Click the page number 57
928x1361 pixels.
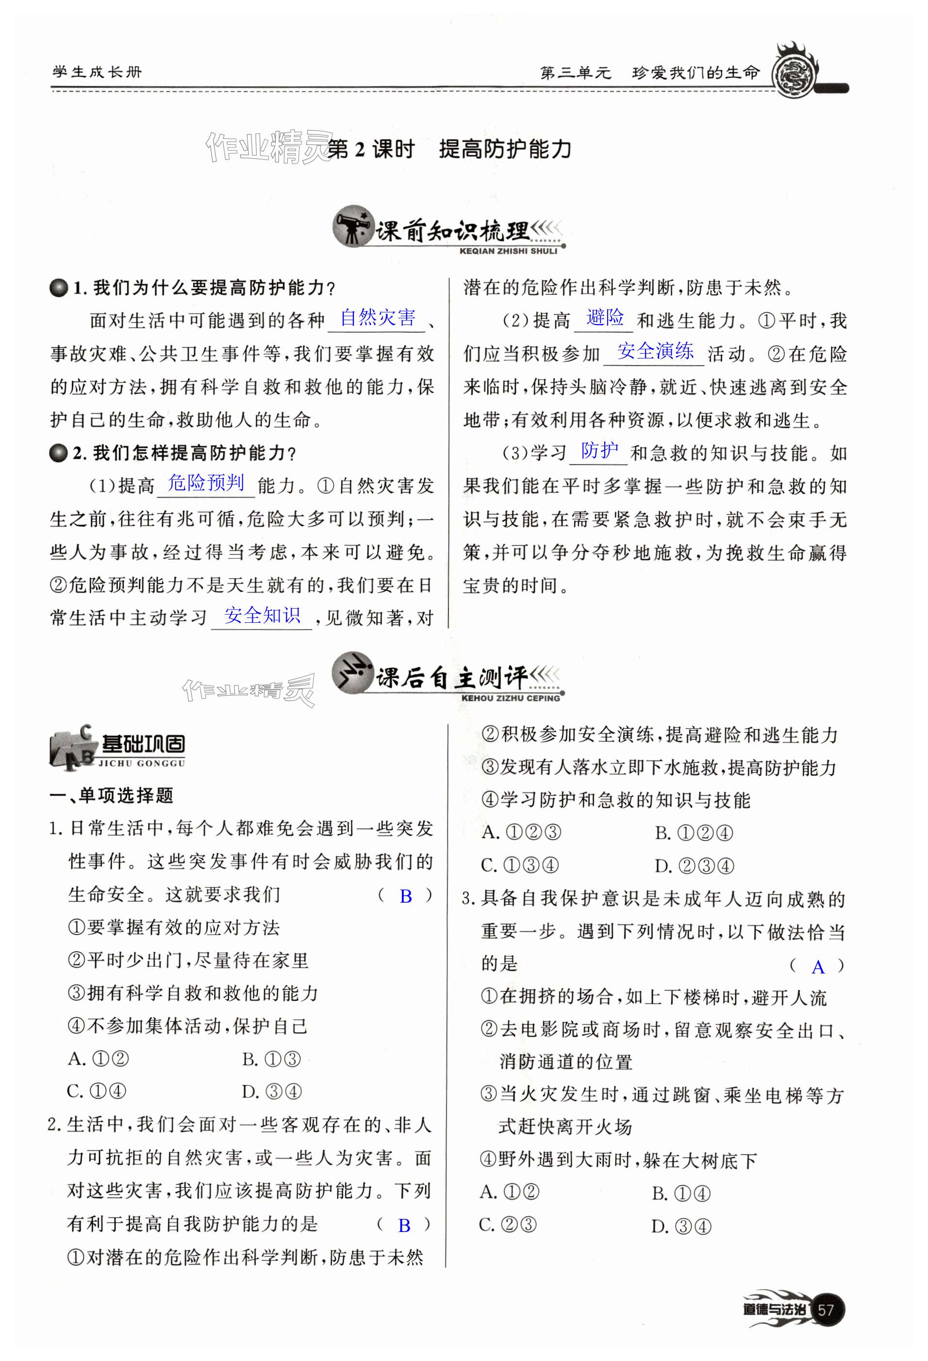pos(826,1310)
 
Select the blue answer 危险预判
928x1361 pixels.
pos(206,483)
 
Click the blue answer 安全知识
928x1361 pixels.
pos(262,616)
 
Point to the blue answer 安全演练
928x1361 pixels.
pos(655,351)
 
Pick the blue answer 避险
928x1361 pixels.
pos(605,318)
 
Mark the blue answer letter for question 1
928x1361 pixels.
pos(405,896)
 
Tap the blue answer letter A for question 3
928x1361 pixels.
pos(818,968)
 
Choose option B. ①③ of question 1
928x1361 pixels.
pos(271,1059)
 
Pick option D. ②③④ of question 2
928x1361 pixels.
pos(694,866)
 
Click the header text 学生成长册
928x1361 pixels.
pos(97,73)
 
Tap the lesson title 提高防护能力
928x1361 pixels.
pos(505,149)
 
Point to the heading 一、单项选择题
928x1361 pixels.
pos(111,795)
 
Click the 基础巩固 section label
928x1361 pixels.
pos(144,745)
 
